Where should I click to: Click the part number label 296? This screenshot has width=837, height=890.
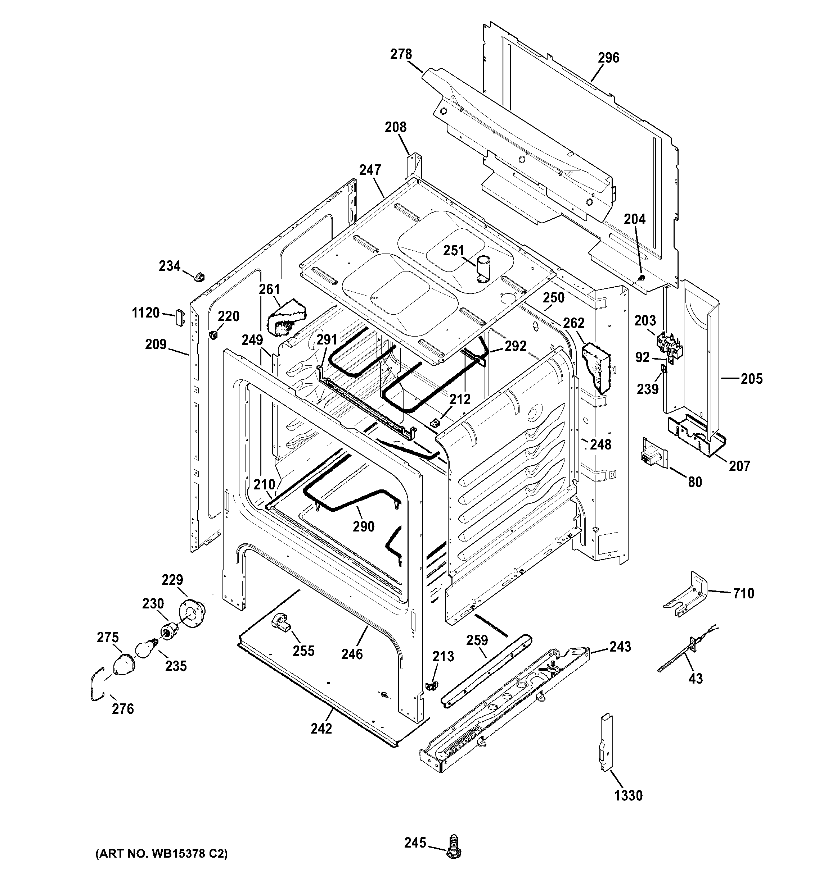click(x=608, y=58)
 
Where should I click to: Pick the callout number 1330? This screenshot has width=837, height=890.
click(x=628, y=795)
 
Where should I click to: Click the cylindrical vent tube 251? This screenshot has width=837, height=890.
click(x=483, y=269)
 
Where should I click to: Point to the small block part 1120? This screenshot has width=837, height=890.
click(x=180, y=318)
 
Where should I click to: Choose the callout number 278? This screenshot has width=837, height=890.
click(x=401, y=54)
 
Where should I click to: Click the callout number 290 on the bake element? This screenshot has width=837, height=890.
click(x=363, y=526)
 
